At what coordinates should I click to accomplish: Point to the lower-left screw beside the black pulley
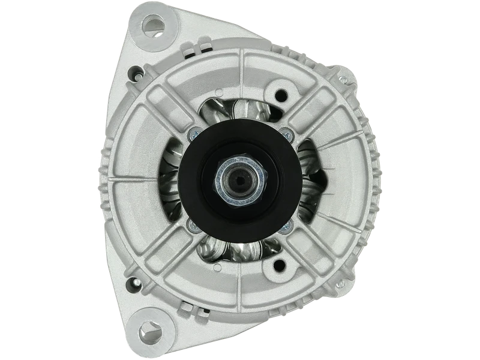coord(192,224)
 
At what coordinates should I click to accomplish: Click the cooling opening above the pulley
coord(240,111)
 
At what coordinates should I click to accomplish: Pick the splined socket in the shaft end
coord(241,179)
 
